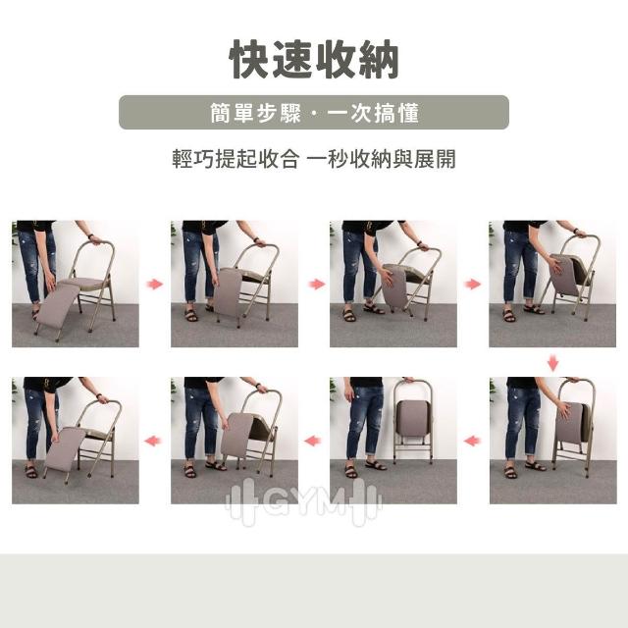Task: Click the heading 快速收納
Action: [314, 60]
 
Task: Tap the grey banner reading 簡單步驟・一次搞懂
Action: [314, 112]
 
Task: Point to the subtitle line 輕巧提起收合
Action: [235, 159]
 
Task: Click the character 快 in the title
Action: [250, 60]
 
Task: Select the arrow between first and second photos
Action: [154, 284]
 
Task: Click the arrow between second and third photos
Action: [316, 284]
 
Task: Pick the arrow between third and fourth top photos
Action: [473, 284]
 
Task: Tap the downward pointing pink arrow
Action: [552, 362]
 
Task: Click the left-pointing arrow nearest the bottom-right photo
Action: [473, 441]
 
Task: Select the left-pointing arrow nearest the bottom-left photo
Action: [153, 441]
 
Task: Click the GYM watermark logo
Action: [303, 501]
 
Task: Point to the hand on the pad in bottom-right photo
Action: [565, 411]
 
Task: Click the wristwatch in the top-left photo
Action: [91, 236]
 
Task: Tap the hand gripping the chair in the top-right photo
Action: [580, 234]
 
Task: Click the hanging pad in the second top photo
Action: [227, 292]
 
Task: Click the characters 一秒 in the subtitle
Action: [327, 159]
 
